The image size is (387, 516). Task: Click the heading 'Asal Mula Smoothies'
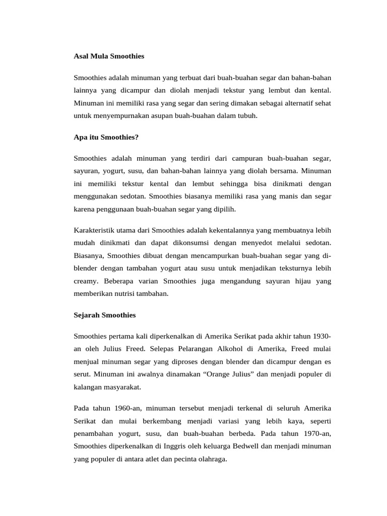[109, 56]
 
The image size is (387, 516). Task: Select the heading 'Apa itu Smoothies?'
[106, 137]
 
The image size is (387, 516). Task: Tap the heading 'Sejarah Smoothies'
[105, 315]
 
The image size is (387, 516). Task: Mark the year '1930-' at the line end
[322, 336]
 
